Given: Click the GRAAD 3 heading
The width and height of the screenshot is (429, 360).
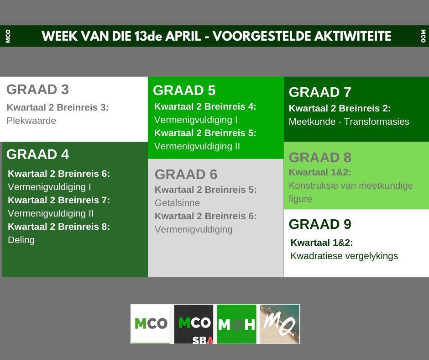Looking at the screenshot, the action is (37, 90).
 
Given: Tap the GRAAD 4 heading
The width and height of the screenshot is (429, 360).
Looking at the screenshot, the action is (37, 154).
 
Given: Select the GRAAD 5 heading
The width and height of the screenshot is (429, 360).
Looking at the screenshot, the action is (184, 90).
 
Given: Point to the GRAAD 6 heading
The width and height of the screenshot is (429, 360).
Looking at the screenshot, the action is (186, 175).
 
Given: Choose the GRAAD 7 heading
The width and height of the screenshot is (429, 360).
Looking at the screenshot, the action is (320, 92).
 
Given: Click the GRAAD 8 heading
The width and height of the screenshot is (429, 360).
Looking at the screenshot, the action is (320, 158).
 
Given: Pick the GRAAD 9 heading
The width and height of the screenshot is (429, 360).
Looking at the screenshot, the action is (320, 224).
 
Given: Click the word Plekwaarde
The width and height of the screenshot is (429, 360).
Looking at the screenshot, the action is (31, 121).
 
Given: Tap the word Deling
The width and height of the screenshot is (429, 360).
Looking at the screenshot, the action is (21, 240).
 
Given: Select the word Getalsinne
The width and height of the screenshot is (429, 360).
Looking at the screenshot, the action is (177, 203).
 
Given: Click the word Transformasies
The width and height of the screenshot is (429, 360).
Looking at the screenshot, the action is (377, 122).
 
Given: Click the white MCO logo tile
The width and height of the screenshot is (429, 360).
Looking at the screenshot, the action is (151, 324).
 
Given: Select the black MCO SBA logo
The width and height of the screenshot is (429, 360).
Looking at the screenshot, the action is (194, 324).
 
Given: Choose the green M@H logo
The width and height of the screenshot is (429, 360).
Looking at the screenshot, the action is (237, 324).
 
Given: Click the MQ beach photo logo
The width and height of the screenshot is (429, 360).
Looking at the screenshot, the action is (280, 324).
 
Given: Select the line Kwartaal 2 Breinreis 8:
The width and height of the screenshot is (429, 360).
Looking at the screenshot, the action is (59, 227).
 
